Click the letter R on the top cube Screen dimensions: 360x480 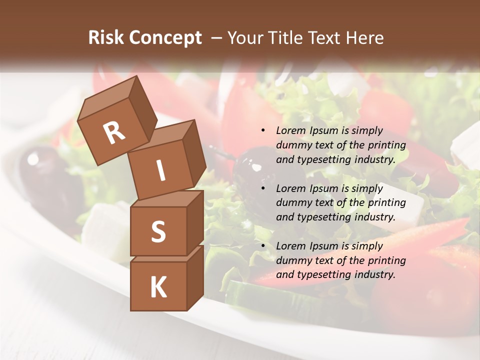114,132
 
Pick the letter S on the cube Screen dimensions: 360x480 158,231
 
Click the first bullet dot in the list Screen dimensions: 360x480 263,131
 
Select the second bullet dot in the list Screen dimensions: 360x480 263,188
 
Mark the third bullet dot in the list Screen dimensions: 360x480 263,246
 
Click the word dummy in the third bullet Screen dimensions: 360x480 293,260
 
